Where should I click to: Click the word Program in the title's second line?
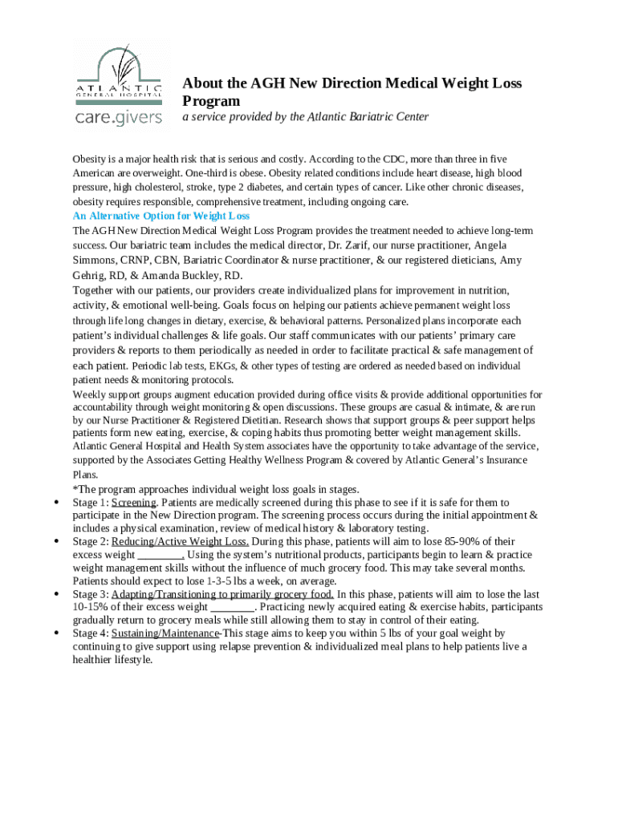[x=211, y=101]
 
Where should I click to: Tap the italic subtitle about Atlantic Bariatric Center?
[x=305, y=117]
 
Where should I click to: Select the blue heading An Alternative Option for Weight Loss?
[x=161, y=216]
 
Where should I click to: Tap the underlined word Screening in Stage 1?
[x=133, y=503]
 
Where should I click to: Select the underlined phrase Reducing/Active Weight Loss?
[x=180, y=541]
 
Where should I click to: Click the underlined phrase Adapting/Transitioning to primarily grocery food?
[x=222, y=594]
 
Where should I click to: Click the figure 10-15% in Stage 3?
[x=90, y=607]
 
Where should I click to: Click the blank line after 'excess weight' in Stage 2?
[x=161, y=555]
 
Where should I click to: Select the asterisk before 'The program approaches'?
[x=75, y=489]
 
